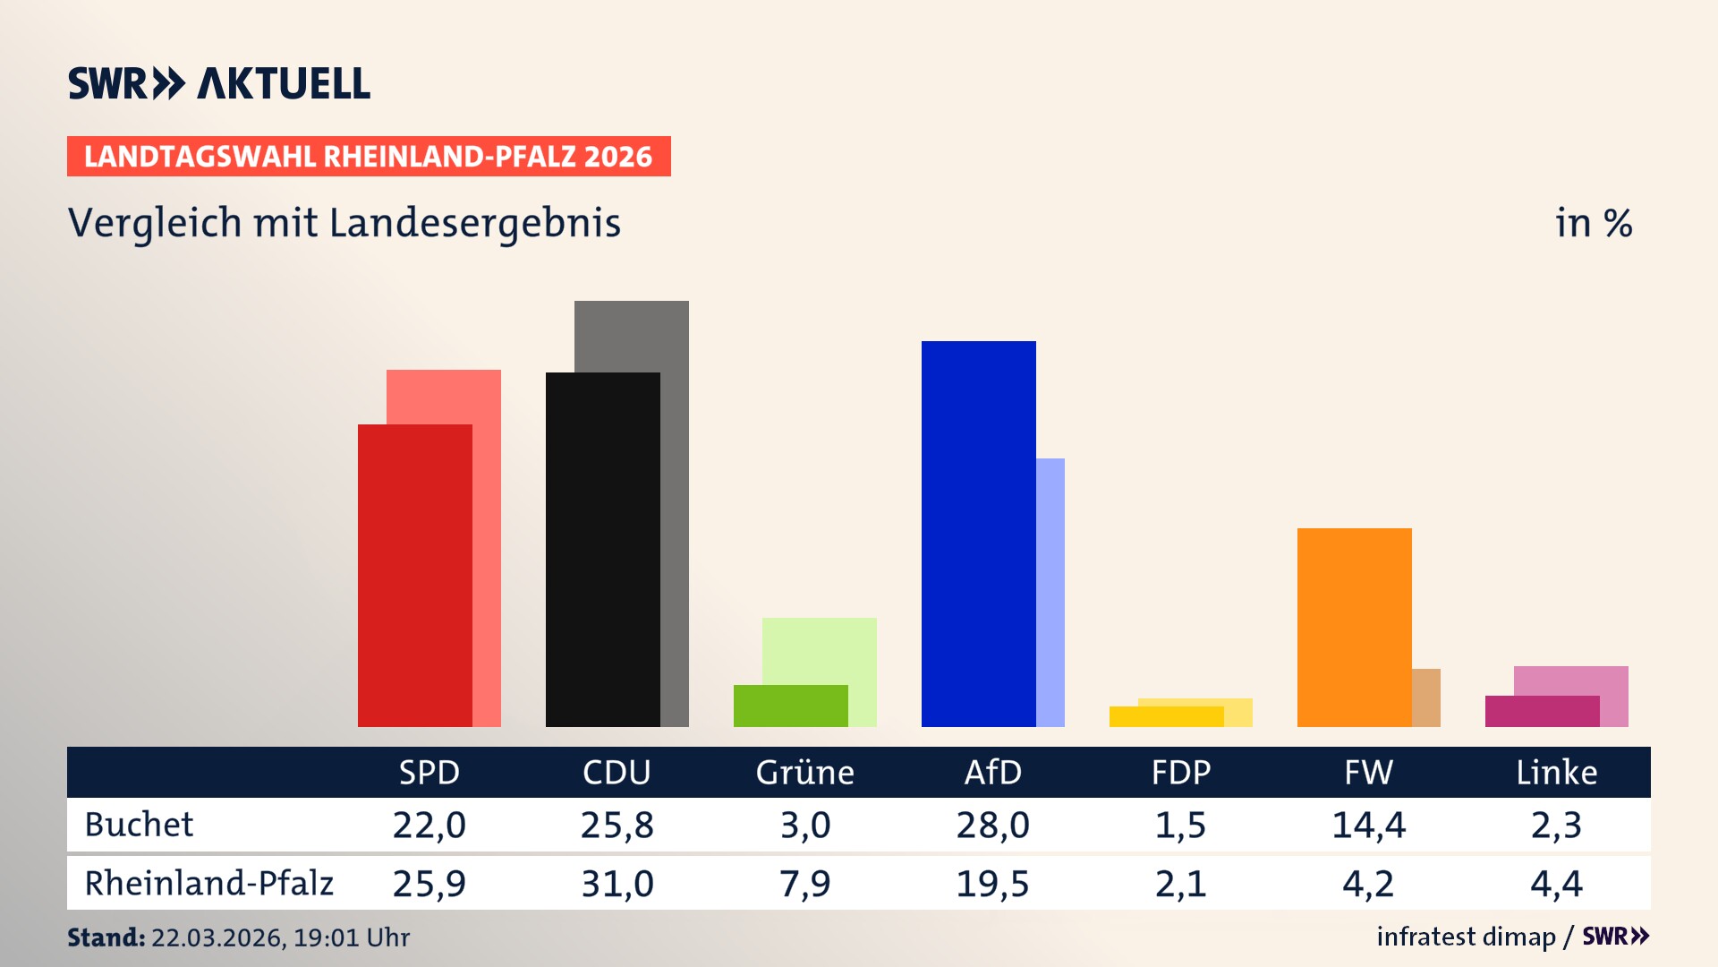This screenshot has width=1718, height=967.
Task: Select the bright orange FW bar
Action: click(x=1354, y=627)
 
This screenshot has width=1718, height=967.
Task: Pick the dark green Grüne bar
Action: click(x=790, y=706)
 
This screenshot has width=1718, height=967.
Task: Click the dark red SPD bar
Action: click(x=414, y=575)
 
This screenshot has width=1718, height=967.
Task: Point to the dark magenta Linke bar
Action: click(x=1542, y=711)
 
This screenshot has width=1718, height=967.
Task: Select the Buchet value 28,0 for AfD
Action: click(x=992, y=825)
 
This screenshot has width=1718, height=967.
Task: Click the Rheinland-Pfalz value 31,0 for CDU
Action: click(x=617, y=884)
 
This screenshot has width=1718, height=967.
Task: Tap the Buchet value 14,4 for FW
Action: click(x=1368, y=825)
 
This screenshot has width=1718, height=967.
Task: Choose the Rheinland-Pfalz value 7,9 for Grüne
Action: click(x=804, y=884)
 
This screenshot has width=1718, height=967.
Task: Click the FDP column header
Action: click(x=1180, y=772)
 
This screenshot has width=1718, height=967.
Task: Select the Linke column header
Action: click(x=1556, y=772)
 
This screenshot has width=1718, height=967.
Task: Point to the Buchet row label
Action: click(x=139, y=825)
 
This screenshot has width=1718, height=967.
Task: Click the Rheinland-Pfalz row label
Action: click(x=208, y=884)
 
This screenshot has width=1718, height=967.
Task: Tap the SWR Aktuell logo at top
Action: click(x=219, y=83)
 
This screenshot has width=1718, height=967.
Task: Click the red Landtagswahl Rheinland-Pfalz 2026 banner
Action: click(x=369, y=157)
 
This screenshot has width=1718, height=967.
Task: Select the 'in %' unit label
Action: click(x=1593, y=223)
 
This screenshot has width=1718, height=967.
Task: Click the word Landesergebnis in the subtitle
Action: click(x=474, y=223)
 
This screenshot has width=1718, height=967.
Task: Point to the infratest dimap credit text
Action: click(x=1466, y=937)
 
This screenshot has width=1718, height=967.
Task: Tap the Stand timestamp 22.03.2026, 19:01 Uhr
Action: click(x=279, y=937)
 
